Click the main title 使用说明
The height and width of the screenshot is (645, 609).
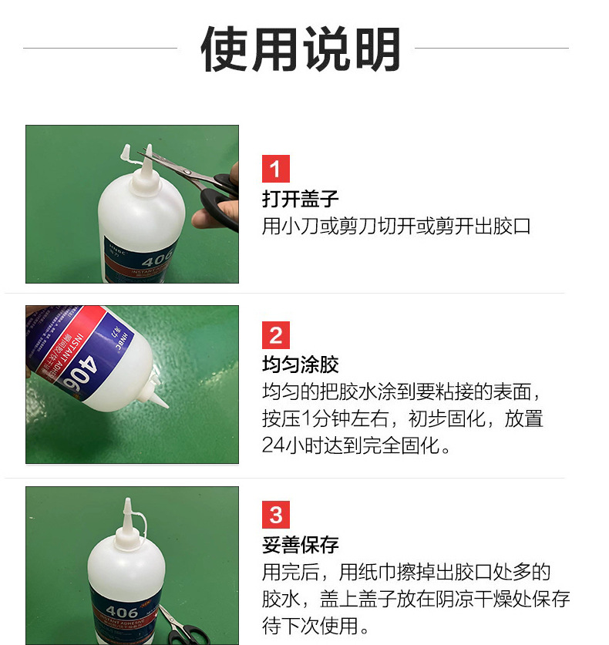[x=300, y=50]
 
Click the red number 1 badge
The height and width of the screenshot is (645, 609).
[x=276, y=169]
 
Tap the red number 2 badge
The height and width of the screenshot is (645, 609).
[x=276, y=336]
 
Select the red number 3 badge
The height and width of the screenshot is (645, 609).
[x=276, y=515]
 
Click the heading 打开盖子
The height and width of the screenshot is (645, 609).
[x=300, y=199]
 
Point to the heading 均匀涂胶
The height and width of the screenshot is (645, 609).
[x=300, y=364]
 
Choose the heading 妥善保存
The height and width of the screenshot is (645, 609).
[x=300, y=545]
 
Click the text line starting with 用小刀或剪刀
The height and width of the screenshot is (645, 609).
[x=396, y=227]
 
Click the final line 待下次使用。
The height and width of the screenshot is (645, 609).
[x=317, y=625]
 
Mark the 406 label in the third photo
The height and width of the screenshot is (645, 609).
[x=123, y=613]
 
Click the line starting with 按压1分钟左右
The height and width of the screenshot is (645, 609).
[x=402, y=419]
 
